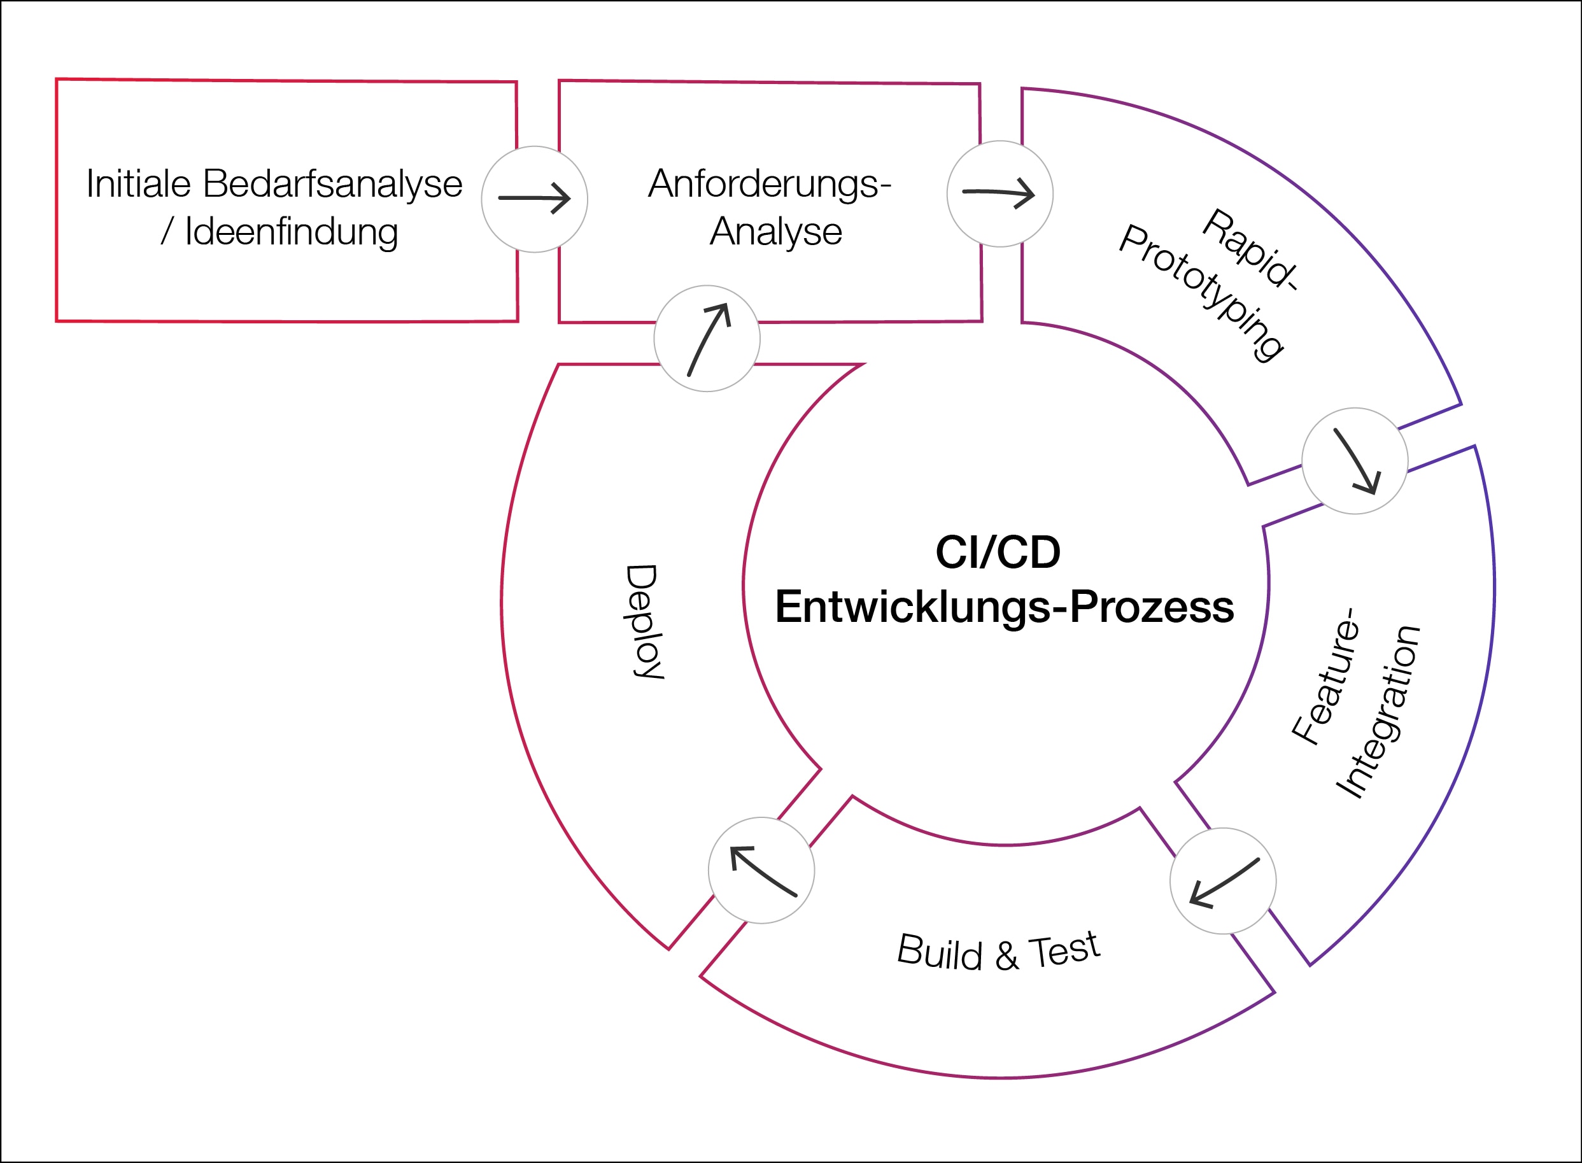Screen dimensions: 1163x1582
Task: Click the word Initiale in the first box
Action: click(139, 184)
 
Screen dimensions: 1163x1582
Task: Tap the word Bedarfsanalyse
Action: click(332, 184)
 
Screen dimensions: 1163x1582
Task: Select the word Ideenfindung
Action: click(291, 232)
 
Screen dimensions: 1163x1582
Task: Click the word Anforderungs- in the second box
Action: click(770, 184)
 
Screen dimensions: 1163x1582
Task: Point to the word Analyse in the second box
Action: click(775, 232)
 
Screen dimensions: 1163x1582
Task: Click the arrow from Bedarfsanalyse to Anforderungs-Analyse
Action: click(534, 199)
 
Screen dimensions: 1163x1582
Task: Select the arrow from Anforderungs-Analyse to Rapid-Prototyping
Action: click(999, 194)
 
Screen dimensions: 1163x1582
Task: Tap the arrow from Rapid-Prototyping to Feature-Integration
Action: click(1355, 461)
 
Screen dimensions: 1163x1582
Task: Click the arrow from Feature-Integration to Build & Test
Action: click(1224, 882)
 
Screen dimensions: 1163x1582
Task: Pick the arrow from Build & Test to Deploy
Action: click(762, 871)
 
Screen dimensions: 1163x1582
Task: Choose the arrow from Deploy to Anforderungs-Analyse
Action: click(707, 339)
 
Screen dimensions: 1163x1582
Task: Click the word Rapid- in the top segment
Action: click(1250, 251)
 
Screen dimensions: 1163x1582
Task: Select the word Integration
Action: click(1378, 712)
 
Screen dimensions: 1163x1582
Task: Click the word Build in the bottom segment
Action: click(939, 952)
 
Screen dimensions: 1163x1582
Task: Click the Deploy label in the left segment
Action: click(642, 622)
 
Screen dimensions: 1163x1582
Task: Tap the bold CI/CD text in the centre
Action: click(998, 552)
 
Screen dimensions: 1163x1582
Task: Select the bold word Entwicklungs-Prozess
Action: click(1004, 607)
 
